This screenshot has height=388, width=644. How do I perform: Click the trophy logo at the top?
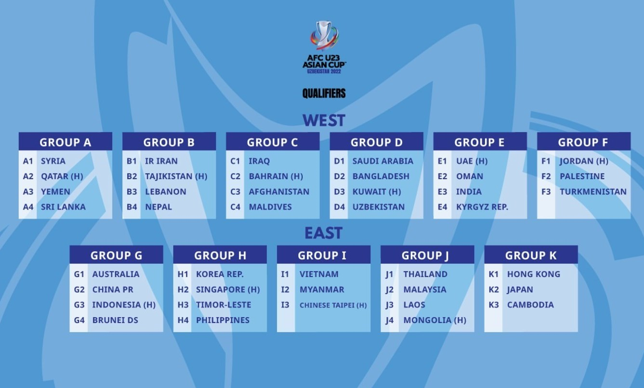(x=324, y=36)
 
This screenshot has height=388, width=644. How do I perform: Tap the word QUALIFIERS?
(x=324, y=93)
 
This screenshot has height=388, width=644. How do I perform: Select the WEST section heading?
(x=324, y=120)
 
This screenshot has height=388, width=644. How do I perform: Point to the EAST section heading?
(x=323, y=233)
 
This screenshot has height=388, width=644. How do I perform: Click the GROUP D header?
(x=376, y=142)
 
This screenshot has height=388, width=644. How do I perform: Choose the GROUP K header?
(x=531, y=255)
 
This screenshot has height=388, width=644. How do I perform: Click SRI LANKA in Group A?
(x=63, y=207)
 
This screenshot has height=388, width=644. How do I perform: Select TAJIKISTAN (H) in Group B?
(x=176, y=176)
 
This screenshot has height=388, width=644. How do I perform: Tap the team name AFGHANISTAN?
(x=279, y=191)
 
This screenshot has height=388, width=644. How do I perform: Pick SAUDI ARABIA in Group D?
(x=382, y=161)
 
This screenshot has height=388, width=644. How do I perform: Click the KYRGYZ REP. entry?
(x=482, y=207)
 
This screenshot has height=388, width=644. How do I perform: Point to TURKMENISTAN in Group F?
(x=593, y=191)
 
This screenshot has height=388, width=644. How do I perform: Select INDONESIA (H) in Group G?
(x=124, y=305)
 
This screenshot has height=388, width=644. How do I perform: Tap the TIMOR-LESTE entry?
(x=223, y=305)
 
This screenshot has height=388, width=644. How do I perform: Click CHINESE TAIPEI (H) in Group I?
(x=333, y=305)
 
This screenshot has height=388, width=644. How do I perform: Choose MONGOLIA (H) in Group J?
(x=434, y=320)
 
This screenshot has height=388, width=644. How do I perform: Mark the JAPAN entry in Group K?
(x=520, y=290)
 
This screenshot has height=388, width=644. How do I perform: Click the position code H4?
(x=183, y=320)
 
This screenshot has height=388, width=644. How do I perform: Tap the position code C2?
(x=235, y=176)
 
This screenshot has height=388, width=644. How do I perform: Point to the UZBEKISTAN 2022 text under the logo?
(x=324, y=71)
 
